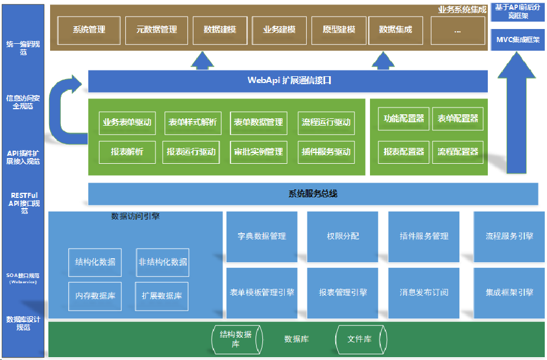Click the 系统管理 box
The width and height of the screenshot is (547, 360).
coord(89,30)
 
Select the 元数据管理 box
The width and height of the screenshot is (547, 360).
coord(157,30)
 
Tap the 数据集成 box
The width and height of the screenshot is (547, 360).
coord(396,30)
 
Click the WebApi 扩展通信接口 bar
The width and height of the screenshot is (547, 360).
coord(288,81)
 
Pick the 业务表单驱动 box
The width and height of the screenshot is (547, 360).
coord(127,122)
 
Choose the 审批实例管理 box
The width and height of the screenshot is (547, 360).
coord(258,152)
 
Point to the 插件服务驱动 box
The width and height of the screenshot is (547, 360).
coord(326,152)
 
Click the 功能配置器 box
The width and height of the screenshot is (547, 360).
coord(404,119)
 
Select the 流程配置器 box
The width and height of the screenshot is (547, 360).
coord(458,152)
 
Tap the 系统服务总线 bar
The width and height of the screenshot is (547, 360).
coord(313,194)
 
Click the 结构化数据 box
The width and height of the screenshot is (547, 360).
coord(95,262)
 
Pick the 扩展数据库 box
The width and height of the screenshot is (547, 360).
coord(162,296)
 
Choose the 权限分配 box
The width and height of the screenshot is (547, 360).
coord(343,236)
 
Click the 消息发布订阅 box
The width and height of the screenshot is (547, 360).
coord(423,292)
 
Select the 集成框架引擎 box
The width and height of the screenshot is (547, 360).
coord(509,292)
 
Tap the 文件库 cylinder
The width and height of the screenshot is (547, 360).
coord(360,339)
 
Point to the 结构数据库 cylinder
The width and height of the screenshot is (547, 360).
coord(236,339)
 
